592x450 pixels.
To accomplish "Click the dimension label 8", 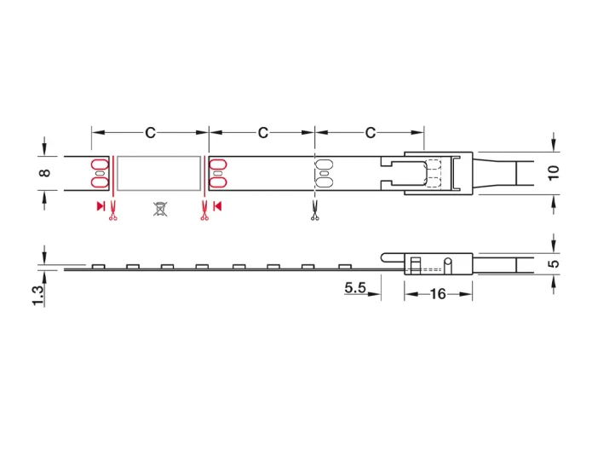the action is (44, 173).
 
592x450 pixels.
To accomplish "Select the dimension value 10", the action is (554, 173).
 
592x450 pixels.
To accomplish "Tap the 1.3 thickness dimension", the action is (38, 296).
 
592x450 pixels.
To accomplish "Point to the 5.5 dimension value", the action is (355, 288).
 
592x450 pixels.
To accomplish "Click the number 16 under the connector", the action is (438, 294).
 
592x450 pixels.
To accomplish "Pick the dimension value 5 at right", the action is (554, 263).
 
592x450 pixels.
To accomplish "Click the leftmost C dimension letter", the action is (150, 133).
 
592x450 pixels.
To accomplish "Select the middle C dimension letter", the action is (262, 133).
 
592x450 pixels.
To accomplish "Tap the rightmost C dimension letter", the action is (371, 133).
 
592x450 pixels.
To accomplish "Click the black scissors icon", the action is (314, 211).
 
